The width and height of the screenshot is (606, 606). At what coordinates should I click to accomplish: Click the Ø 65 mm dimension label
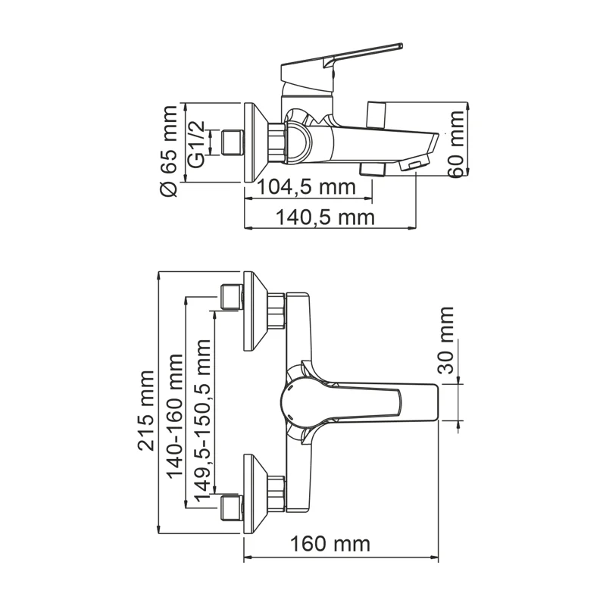169,151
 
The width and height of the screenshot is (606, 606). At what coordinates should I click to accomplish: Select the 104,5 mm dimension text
306,186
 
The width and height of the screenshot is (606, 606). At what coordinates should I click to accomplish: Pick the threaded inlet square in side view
231,142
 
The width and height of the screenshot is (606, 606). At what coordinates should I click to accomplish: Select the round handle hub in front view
298,401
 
